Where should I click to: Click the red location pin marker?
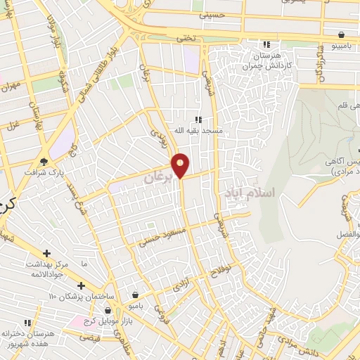point(181,165)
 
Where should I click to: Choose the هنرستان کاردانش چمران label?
point(268,60)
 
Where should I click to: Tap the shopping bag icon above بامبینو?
point(341,34)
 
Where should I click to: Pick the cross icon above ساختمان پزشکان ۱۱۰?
point(82,285)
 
